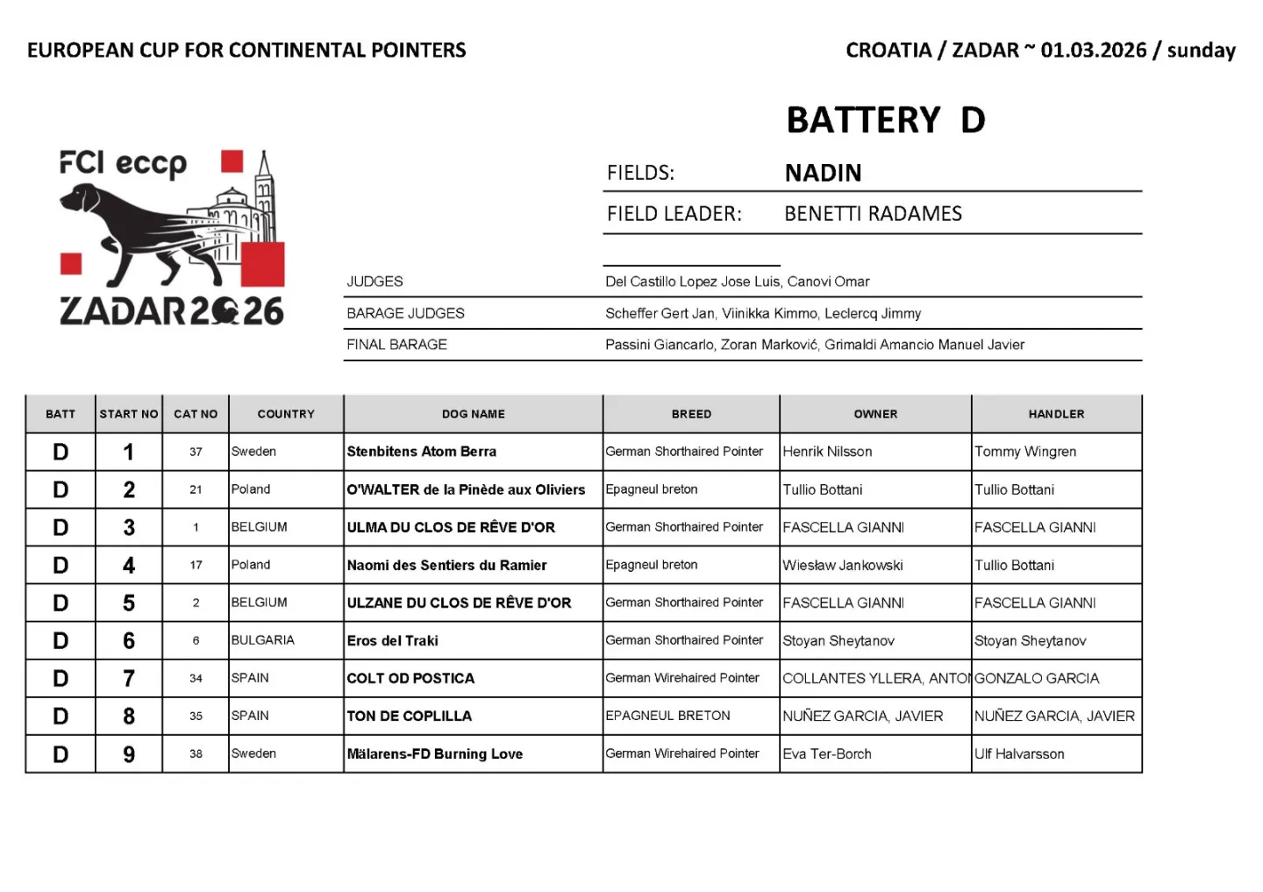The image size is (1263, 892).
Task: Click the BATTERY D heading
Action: (x=885, y=120)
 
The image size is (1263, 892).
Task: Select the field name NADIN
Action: (x=823, y=173)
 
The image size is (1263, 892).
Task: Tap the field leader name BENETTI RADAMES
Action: (x=873, y=214)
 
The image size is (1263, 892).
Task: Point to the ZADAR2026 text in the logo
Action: (x=172, y=311)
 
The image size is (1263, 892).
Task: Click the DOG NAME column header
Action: (x=473, y=414)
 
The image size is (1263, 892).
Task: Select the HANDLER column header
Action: (x=1056, y=414)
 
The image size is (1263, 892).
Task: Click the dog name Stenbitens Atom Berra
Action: (x=422, y=452)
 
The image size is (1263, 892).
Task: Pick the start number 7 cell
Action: (x=129, y=678)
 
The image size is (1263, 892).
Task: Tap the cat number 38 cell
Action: (x=196, y=753)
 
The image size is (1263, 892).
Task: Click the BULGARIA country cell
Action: (x=263, y=640)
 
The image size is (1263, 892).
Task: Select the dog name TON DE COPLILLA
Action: (x=410, y=716)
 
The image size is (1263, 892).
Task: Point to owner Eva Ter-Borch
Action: (x=827, y=753)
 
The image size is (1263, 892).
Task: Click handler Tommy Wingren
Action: (x=1025, y=452)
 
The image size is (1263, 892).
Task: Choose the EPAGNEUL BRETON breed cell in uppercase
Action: (x=667, y=716)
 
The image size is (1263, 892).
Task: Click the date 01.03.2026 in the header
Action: (x=1094, y=50)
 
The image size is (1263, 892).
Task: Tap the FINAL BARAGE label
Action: (x=396, y=345)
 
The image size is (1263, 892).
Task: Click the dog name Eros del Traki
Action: (x=392, y=640)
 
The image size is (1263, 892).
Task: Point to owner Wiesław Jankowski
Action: (x=843, y=565)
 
